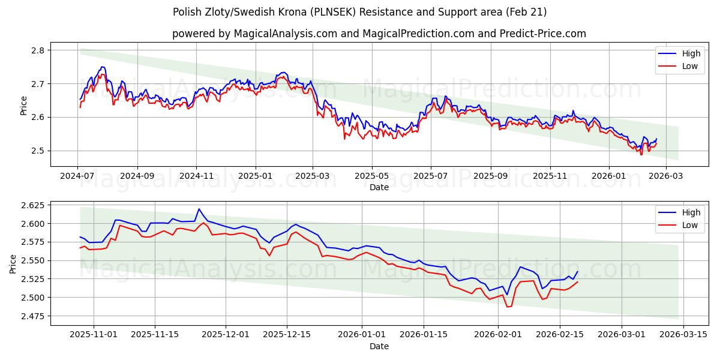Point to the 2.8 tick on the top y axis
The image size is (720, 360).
[37, 50]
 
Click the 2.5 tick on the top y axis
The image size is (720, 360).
[37, 151]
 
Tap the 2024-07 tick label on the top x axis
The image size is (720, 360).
[77, 176]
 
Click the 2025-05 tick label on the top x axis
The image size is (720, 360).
[371, 176]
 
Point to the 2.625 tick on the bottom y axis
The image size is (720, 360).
[31, 205]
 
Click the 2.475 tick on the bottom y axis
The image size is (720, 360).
[31, 316]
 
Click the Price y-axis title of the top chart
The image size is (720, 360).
[24, 104]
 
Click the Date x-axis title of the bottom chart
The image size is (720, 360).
[379, 346]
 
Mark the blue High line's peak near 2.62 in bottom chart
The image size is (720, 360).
[199, 209]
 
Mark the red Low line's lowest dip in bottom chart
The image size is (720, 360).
[508, 307]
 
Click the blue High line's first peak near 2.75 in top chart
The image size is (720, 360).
[103, 67]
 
